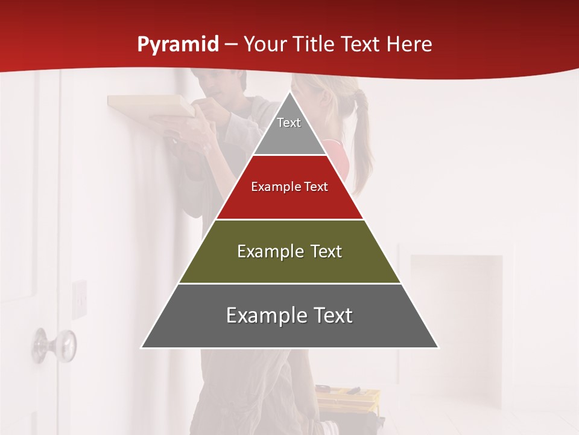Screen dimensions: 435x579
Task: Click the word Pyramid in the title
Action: pyautogui.click(x=178, y=45)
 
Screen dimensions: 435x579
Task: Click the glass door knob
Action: pyautogui.click(x=54, y=344)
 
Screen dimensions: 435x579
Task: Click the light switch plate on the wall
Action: pyautogui.click(x=80, y=299)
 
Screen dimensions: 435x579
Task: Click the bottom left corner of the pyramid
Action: pyautogui.click(x=142, y=347)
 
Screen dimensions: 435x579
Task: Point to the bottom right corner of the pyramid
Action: pyautogui.click(x=438, y=347)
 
